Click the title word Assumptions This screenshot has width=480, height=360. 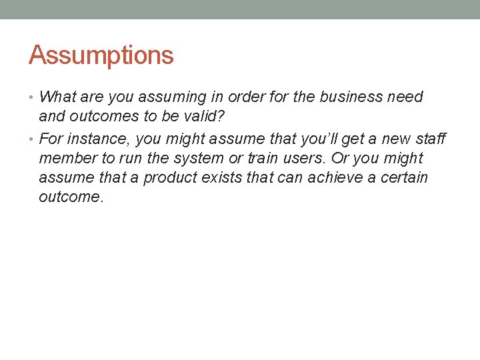click(101, 55)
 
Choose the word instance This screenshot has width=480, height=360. click(95, 139)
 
